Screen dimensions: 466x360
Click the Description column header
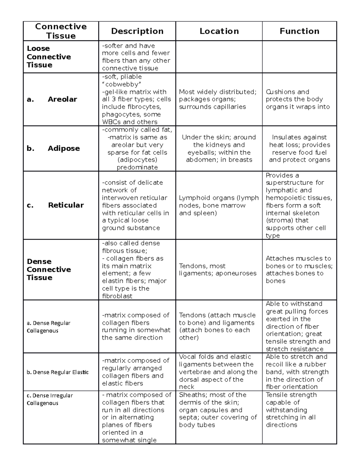137,31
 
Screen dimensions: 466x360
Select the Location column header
219,31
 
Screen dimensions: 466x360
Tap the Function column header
299,31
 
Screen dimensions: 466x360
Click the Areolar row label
62,99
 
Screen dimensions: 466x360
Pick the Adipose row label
64,148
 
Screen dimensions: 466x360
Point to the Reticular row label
66,205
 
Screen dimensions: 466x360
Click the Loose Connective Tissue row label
49,57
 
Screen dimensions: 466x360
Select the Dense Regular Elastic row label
58,372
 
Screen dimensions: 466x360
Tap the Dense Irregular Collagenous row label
49,399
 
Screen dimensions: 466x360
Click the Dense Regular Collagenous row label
48,327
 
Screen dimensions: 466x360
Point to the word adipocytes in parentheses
137,160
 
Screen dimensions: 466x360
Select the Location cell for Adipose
219,148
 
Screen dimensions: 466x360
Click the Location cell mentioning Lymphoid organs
219,205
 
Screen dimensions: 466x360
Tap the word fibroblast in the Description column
118,296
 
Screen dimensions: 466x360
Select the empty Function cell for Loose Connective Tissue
299,57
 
